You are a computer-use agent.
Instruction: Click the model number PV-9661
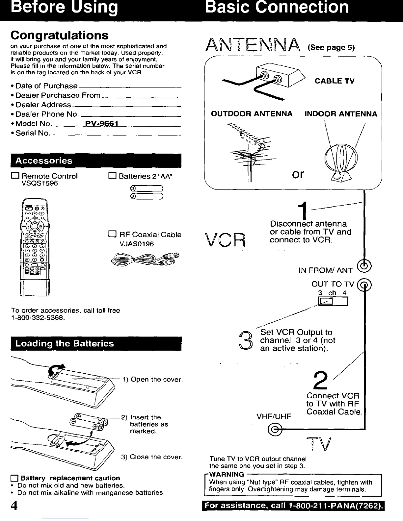click(x=101, y=124)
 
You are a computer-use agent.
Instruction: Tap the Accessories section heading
click(x=44, y=161)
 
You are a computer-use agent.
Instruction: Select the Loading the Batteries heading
click(x=65, y=344)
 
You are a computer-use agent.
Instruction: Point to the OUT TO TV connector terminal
click(x=365, y=284)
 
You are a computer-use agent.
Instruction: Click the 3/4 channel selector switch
click(x=333, y=301)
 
